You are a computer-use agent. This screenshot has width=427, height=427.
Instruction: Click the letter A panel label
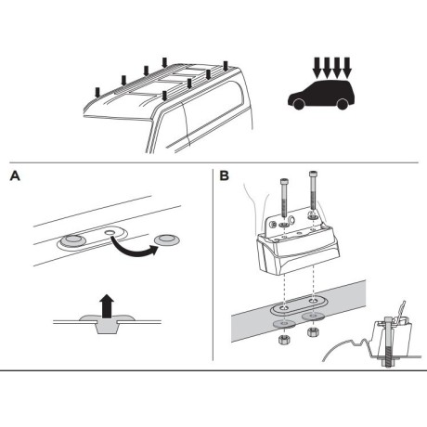point(13,174)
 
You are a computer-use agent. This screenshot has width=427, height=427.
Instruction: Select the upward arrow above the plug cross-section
point(106,302)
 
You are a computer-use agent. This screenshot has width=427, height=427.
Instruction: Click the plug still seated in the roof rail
point(71,243)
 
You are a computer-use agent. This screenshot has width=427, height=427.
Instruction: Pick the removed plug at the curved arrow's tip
point(170,242)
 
